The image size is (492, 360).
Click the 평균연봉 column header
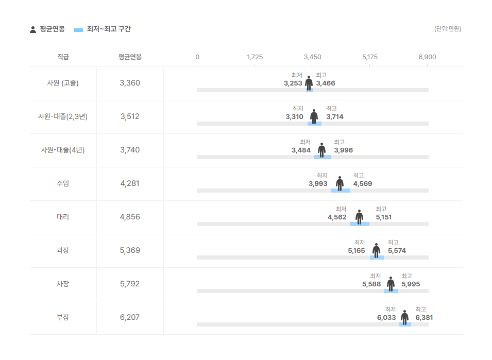point(130,57)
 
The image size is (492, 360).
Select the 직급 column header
point(63,57)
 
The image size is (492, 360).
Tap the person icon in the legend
point(33,29)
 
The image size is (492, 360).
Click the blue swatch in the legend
point(78,30)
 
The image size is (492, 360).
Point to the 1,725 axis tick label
point(255,57)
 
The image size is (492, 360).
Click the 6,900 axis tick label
point(427,57)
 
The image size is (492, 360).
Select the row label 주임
point(63,183)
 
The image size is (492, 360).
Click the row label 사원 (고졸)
point(63,83)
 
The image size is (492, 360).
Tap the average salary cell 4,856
point(130,217)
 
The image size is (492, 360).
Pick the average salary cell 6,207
point(130,317)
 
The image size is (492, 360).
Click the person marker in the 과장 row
point(377,250)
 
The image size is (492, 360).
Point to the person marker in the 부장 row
point(405,317)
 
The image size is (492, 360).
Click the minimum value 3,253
point(293,83)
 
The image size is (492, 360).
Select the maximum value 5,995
point(411,284)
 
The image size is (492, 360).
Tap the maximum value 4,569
point(362,183)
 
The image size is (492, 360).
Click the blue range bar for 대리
point(360,224)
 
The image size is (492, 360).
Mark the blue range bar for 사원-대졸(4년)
point(322,157)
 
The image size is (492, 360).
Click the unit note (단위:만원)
point(448,29)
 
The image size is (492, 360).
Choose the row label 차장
point(63,284)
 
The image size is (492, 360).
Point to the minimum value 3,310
point(295,117)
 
